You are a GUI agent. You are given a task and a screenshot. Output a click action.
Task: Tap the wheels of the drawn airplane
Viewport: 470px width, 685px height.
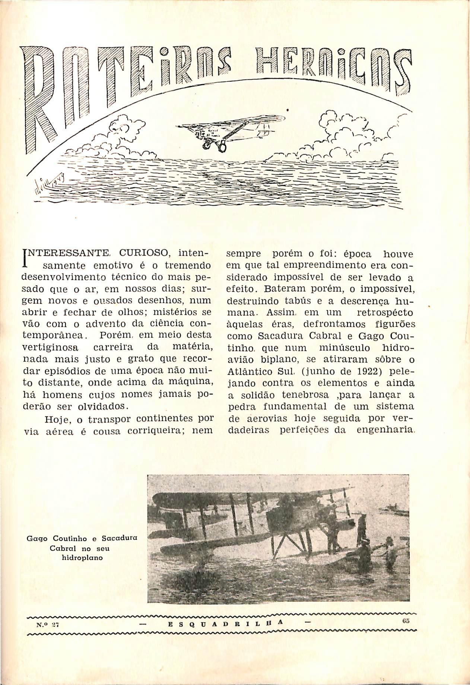(214, 147)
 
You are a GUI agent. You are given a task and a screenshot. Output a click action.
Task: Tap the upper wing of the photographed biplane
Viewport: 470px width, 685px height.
(253, 495)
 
